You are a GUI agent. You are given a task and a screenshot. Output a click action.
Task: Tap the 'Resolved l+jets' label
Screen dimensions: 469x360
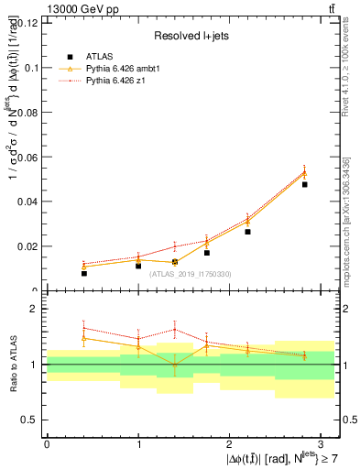pos(191,37)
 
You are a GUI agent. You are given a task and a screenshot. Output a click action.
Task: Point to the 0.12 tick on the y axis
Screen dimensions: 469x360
pos(28,23)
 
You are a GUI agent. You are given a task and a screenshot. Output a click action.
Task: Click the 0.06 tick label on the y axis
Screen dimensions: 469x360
pos(28,157)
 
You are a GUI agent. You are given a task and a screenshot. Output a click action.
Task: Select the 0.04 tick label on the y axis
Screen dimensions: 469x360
pos(28,202)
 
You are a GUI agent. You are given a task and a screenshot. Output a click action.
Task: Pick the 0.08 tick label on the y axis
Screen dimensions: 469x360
pos(28,113)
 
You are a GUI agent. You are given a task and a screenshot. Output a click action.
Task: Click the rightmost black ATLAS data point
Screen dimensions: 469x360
pos(304,184)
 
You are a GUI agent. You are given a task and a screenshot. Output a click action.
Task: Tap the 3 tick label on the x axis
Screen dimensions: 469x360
pos(322,442)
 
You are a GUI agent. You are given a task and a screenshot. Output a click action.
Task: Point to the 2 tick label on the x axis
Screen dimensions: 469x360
pos(230,442)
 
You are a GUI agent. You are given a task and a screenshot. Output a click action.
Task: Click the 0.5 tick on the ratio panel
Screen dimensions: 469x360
pos(32,420)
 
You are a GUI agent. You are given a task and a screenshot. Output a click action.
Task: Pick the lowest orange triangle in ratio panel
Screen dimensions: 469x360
pos(175,365)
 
